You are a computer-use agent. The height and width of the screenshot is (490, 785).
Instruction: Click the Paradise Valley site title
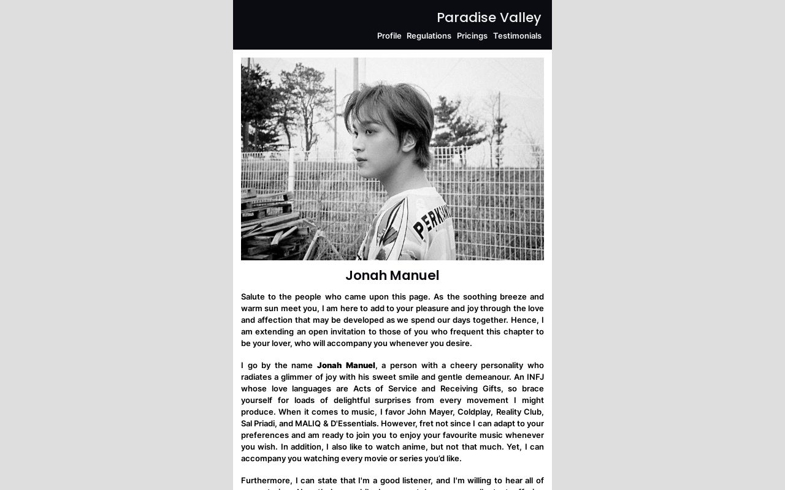point(489,18)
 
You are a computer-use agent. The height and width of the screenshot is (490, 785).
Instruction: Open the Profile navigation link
point(389,36)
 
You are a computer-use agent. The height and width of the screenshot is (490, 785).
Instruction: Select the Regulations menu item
point(429,36)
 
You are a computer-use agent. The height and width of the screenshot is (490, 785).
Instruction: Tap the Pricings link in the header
point(472,36)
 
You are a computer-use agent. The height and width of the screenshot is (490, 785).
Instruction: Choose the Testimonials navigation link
point(517,36)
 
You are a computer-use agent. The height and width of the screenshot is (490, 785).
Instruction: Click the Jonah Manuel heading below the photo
point(392,276)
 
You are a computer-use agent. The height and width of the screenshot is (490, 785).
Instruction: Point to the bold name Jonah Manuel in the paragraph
point(346,366)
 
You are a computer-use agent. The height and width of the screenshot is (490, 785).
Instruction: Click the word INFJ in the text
point(535,377)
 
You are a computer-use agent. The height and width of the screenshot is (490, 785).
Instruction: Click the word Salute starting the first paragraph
point(255,297)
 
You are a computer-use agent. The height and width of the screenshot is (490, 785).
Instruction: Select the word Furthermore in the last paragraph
point(266,481)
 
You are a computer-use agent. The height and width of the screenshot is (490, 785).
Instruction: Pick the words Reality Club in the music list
point(519,412)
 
